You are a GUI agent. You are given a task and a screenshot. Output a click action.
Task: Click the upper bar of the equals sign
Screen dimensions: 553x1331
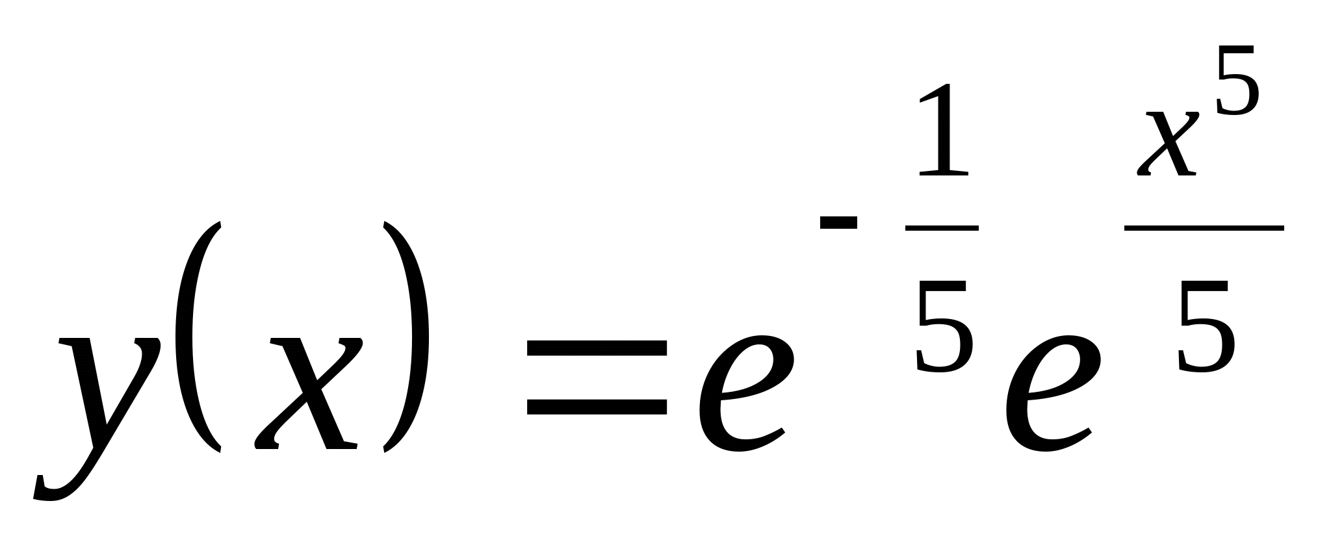pos(597,348)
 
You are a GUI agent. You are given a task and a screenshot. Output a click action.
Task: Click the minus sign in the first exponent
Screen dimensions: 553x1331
pos(838,223)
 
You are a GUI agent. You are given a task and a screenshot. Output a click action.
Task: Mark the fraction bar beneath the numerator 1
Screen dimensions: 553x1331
pos(942,228)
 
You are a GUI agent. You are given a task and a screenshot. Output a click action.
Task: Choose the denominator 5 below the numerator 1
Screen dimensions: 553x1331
pos(944,325)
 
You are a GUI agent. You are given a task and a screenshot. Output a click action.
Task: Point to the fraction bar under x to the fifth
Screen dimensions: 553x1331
pos(1204,228)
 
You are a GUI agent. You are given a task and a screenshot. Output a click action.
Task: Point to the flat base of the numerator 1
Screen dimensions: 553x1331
pos(944,172)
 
